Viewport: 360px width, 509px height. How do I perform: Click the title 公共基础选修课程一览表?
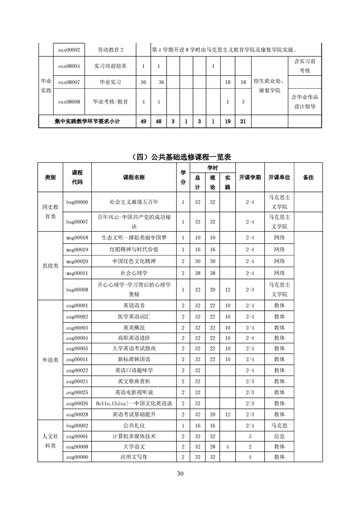click(x=180, y=157)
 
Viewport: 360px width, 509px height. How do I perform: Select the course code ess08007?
click(x=69, y=82)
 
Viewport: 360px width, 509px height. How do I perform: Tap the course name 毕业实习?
click(x=111, y=82)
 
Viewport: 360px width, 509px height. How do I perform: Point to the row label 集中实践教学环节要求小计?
click(x=87, y=121)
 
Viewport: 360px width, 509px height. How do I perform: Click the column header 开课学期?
click(x=250, y=177)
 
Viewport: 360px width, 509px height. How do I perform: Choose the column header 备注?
click(x=308, y=177)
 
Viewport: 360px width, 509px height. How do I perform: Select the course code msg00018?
click(x=77, y=237)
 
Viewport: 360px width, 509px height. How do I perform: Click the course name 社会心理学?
click(x=134, y=273)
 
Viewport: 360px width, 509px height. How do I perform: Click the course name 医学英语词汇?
click(x=134, y=317)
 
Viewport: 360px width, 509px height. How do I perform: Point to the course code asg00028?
click(x=77, y=414)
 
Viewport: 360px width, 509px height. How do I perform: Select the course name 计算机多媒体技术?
click(x=134, y=436)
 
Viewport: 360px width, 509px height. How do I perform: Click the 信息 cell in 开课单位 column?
click(x=279, y=436)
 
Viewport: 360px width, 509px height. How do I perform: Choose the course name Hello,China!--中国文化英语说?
click(x=134, y=403)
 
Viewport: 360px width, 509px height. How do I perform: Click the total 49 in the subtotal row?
click(x=143, y=121)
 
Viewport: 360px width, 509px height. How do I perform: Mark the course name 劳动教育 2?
click(x=111, y=49)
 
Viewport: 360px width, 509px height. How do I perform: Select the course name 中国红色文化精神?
click(x=134, y=261)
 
